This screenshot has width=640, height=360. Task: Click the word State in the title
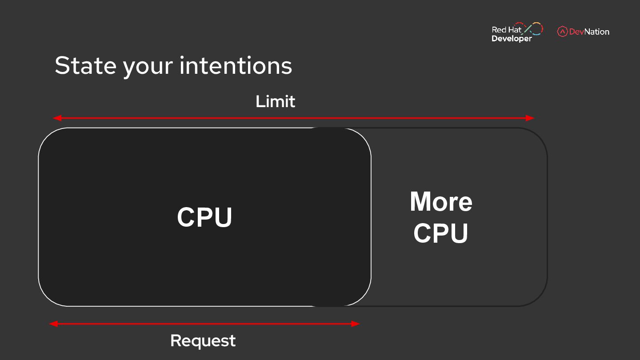tap(85, 66)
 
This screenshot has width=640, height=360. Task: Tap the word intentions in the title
tap(236, 66)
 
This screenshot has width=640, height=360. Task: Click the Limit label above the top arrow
tap(275, 102)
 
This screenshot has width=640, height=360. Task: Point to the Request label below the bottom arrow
tap(203, 341)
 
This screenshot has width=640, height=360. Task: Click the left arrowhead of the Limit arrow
tap(57, 118)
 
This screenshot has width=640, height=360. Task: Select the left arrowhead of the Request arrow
tap(53, 324)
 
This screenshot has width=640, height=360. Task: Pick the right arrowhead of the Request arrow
tap(356, 324)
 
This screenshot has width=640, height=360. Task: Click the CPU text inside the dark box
tap(205, 217)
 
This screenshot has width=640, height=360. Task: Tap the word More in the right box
tap(441, 202)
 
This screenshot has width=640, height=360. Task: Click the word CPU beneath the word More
tap(441, 233)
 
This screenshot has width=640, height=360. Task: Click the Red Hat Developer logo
tap(517, 32)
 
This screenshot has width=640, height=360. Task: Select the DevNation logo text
tap(589, 32)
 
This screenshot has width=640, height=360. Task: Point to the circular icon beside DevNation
tap(562, 32)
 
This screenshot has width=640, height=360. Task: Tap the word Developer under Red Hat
tap(512, 39)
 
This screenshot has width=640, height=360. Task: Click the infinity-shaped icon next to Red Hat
tap(533, 28)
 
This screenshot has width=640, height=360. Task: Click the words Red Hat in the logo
tap(506, 30)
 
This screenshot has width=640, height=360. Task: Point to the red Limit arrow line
tap(293, 118)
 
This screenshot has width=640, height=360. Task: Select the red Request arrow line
tap(204, 324)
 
